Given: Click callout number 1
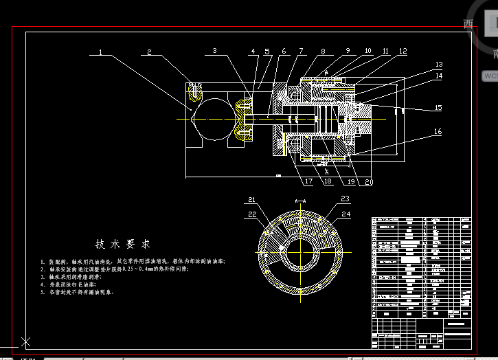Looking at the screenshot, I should (x=100, y=52).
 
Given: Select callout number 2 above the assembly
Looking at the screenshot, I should (x=148, y=52).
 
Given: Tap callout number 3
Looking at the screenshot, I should (x=214, y=51).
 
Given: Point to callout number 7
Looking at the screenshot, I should (x=300, y=51).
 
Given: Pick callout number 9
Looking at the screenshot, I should (x=348, y=51).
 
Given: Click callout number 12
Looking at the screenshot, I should (x=403, y=51).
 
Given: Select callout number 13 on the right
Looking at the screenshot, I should (x=438, y=65).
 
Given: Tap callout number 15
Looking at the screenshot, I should (x=438, y=108).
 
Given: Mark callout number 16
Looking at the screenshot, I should (x=438, y=131).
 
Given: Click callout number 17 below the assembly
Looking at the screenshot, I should (x=308, y=182).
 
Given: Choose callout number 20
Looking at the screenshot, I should (x=369, y=182).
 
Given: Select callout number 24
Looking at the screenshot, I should (x=345, y=214).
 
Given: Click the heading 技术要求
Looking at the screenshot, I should (x=122, y=244).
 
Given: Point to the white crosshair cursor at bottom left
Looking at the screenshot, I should (x=26, y=341).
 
